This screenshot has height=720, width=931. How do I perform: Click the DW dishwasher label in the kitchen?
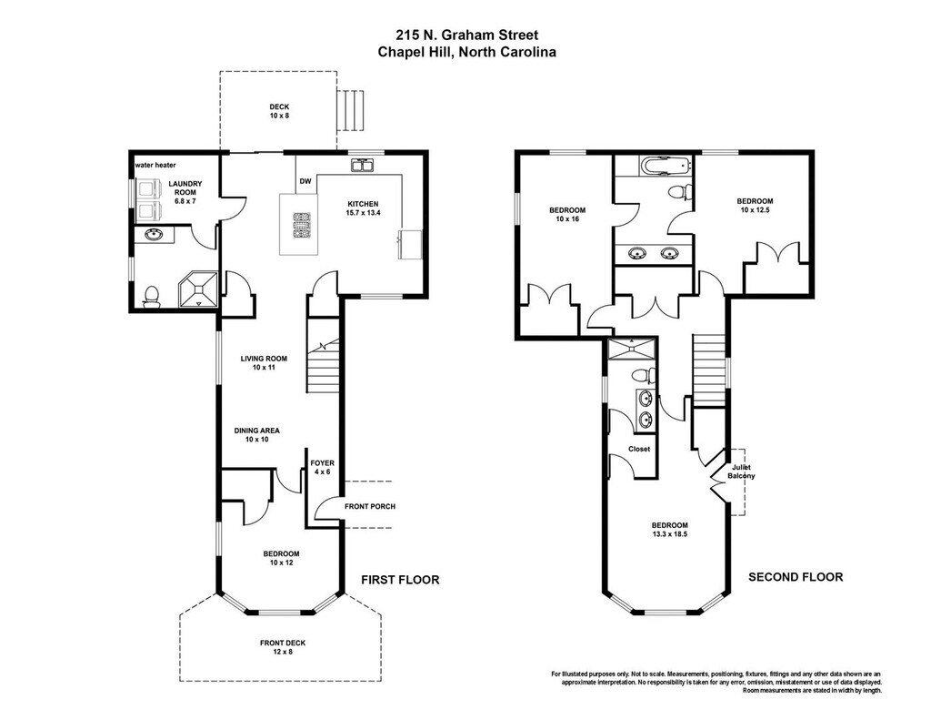305,181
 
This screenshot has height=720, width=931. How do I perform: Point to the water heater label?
155,165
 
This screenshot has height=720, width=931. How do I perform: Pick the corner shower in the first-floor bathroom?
198,289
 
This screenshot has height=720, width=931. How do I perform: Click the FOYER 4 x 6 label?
323,467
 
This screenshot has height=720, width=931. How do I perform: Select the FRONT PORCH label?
370,507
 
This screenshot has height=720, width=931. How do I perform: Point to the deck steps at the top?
350,111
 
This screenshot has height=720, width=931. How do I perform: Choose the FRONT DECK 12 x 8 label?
283,647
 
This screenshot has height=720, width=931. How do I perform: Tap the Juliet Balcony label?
741,472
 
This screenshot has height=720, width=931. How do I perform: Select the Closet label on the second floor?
639,449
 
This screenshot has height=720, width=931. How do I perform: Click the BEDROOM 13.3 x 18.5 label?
670,530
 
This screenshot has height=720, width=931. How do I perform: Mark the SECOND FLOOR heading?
796,577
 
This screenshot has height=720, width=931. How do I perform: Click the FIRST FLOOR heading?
400,580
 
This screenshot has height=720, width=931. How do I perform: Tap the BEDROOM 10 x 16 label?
567,215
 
